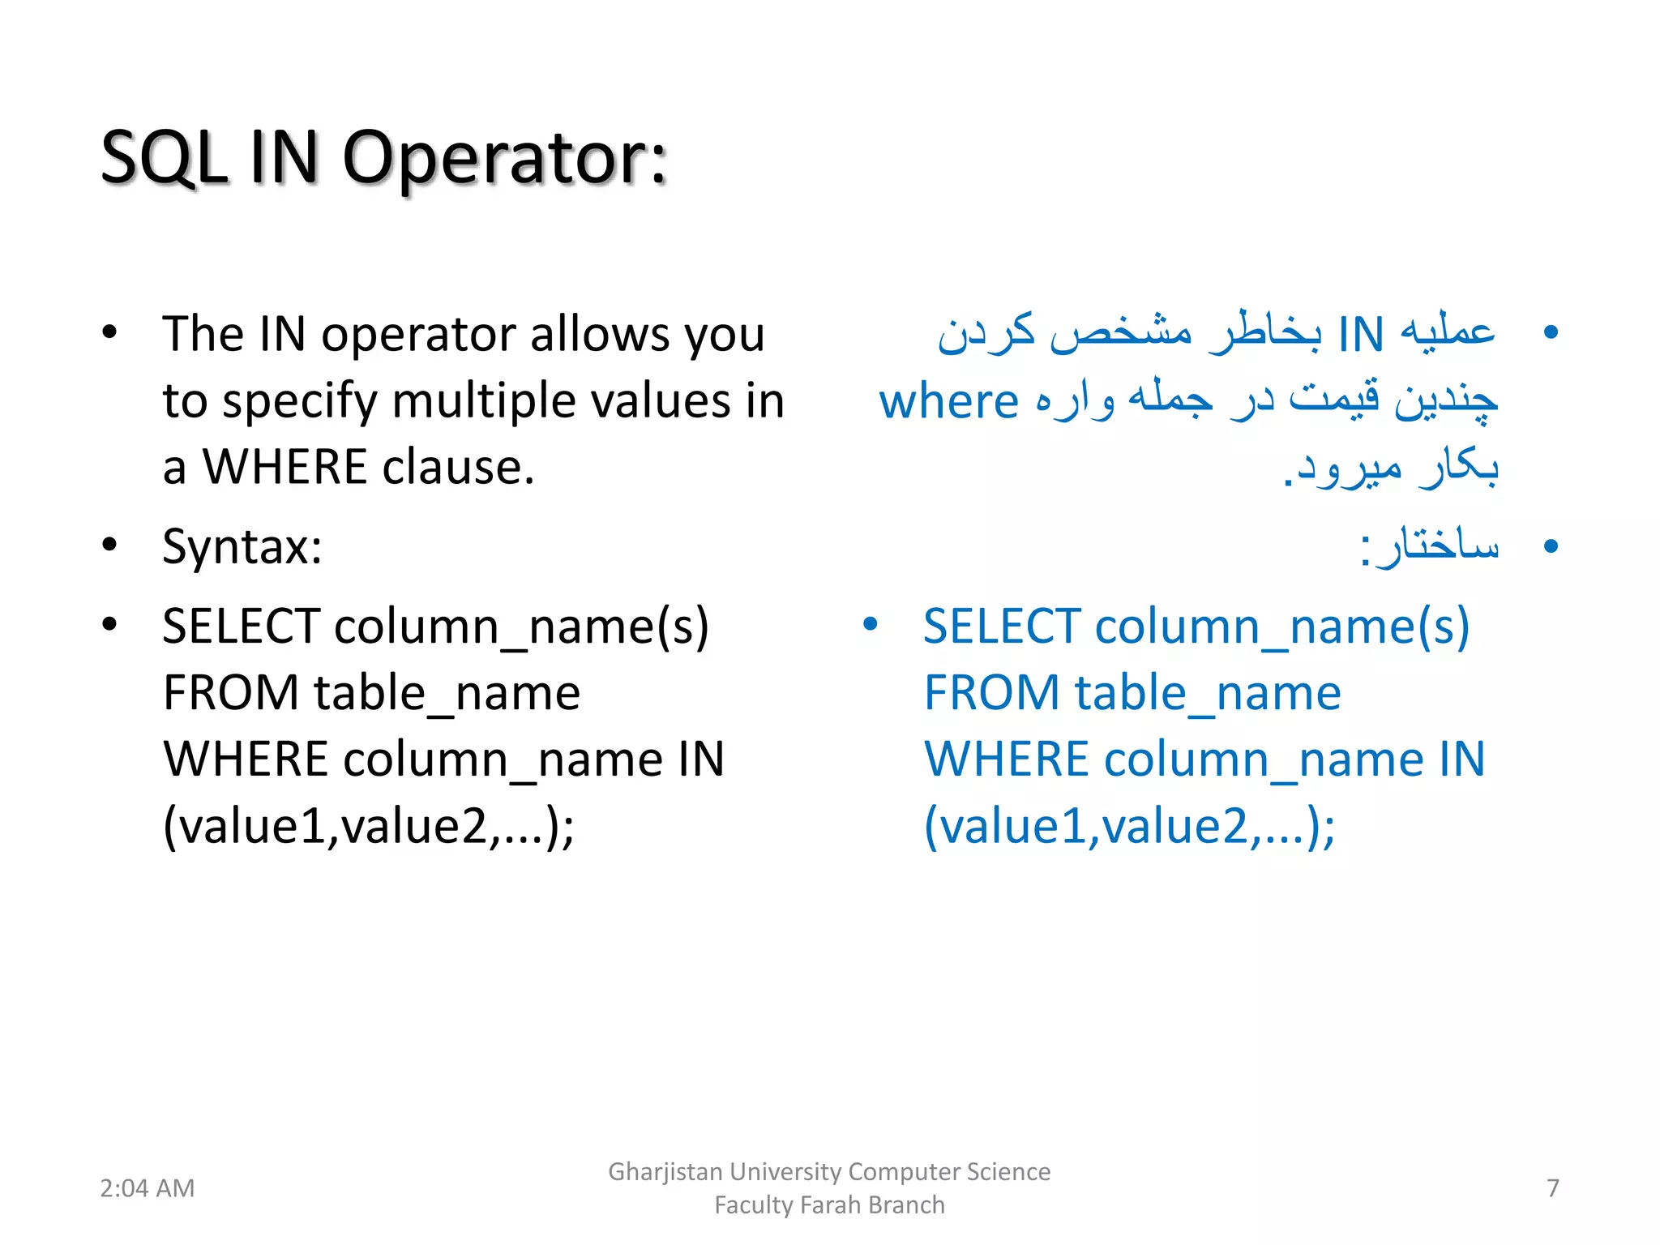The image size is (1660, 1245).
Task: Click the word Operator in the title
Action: point(505,157)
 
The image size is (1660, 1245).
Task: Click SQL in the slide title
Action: point(164,157)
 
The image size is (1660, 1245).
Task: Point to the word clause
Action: point(458,468)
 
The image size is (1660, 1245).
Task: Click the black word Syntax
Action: point(242,546)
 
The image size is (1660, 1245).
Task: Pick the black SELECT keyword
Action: point(242,627)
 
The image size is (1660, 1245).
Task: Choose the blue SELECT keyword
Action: point(1002,627)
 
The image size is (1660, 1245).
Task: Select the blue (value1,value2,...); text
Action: point(1129,826)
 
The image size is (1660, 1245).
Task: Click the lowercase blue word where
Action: point(948,401)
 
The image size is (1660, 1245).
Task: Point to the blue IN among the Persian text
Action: point(1360,334)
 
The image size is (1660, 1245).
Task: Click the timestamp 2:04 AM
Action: point(147,1188)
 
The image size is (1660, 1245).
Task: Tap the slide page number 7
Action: point(1552,1188)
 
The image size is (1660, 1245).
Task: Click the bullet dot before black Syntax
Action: point(109,545)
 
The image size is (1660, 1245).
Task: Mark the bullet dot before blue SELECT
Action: point(871,624)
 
